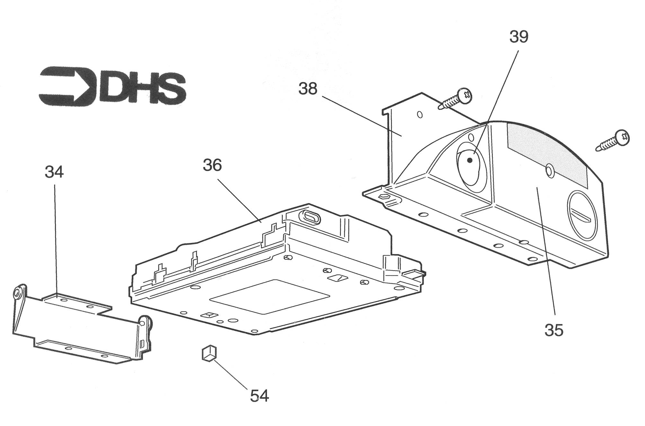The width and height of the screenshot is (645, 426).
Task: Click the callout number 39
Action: tap(519, 37)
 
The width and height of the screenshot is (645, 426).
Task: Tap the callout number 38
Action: tap(308, 88)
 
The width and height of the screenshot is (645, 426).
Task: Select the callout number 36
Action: tap(212, 165)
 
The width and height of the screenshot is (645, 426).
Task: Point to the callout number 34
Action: tap(54, 172)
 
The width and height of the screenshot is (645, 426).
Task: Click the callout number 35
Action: tap(554, 330)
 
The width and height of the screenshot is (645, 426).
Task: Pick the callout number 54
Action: tap(260, 396)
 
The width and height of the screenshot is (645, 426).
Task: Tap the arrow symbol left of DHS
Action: tap(67, 86)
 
